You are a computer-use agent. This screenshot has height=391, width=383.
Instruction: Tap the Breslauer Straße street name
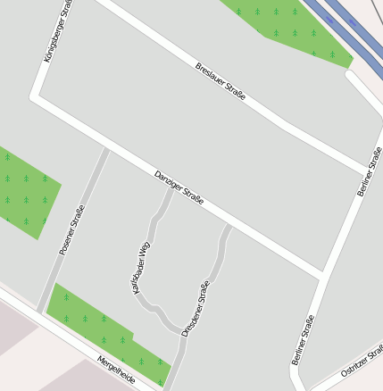pyautogui.click(x=221, y=81)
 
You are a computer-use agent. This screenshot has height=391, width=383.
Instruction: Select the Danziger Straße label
pyautogui.click(x=179, y=187)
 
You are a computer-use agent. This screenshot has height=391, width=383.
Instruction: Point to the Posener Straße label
pyautogui.click(x=71, y=230)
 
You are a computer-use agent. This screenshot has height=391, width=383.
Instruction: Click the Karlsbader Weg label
pyautogui.click(x=141, y=267)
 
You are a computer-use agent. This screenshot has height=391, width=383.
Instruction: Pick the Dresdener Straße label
pyautogui.click(x=196, y=308)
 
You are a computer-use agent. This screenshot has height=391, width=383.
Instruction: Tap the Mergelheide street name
pyautogui.click(x=116, y=369)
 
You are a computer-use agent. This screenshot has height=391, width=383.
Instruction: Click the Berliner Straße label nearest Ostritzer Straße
pyautogui.click(x=303, y=339)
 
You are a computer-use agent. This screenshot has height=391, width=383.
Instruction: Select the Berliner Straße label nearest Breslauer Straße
pyautogui.click(x=369, y=172)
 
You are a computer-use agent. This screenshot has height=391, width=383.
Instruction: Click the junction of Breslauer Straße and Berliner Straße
pyautogui.click(x=366, y=171)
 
